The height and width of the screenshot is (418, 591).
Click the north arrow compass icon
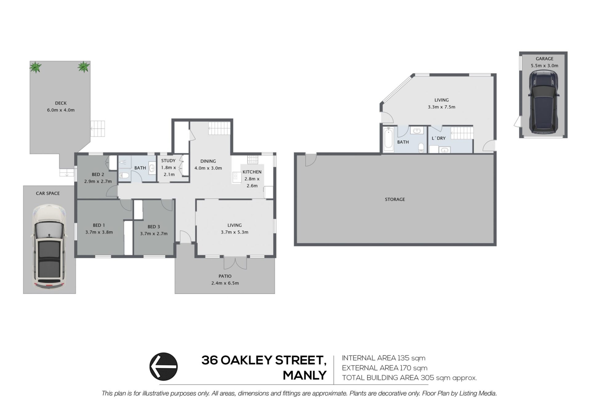tap(163, 366)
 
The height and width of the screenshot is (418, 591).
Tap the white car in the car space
tap(49, 247)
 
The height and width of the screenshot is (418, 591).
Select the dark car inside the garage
tap(544, 102)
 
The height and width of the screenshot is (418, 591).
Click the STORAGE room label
tap(395, 199)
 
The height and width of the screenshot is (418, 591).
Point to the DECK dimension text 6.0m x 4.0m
tap(61, 110)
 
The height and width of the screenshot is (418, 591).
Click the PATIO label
tap(225, 276)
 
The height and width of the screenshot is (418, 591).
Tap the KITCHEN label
tap(252, 172)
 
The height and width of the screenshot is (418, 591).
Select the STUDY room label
tap(168, 161)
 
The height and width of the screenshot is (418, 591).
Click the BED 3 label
tap(154, 227)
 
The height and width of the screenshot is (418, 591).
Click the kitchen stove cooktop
tap(253, 159)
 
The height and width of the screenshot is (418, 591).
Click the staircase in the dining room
tap(219, 128)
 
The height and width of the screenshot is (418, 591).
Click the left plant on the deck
tap(35, 67)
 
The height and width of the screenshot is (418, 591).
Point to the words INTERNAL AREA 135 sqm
tap(384, 358)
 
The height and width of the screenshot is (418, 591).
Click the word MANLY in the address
tap(305, 375)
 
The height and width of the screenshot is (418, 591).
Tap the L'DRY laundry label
tap(439, 138)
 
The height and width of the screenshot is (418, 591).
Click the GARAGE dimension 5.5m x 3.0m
tap(545, 66)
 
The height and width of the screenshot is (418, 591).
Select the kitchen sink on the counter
tap(235, 176)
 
